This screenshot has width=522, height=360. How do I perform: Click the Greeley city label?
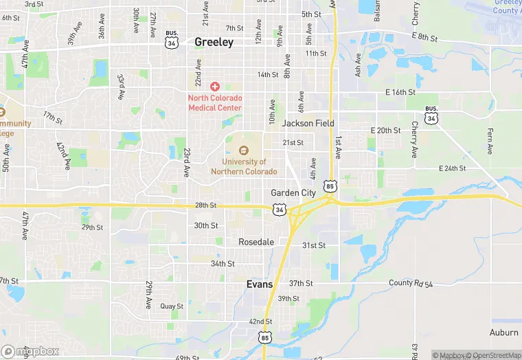[214, 42]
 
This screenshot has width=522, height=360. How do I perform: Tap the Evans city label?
[260, 284]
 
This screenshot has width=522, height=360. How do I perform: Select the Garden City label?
[293, 193]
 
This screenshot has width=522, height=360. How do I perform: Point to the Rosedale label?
[256, 242]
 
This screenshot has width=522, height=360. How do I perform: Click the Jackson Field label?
[308, 124]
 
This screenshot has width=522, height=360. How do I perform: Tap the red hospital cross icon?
[214, 87]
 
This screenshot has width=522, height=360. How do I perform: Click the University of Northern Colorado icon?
[243, 150]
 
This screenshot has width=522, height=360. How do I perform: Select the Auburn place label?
[503, 333]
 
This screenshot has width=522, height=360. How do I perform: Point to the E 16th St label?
[400, 92]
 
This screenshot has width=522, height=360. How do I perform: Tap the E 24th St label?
[452, 168]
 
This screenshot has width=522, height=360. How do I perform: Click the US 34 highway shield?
[279, 210]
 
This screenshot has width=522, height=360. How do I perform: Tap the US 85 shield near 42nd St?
[265, 336]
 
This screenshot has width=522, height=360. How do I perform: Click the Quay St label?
[172, 306]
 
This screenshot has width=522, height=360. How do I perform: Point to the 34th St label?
[223, 264]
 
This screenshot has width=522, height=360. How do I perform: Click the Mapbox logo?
[30, 351]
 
